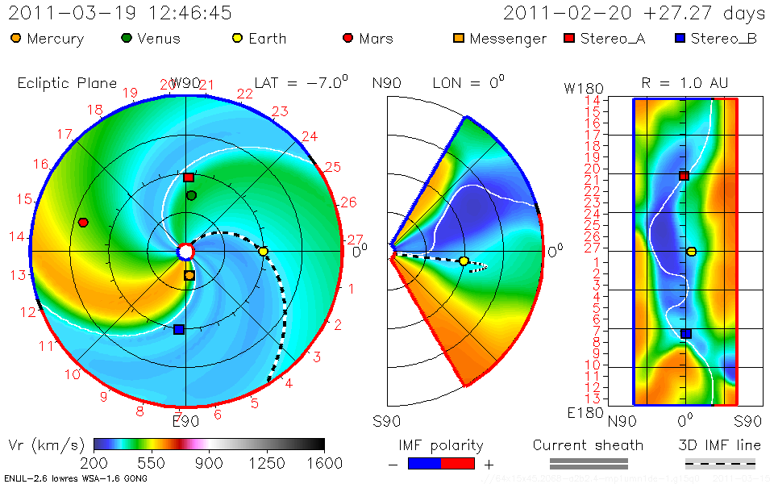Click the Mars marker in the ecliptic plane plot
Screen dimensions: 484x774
(x=83, y=222)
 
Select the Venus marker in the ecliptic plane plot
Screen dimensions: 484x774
(x=191, y=195)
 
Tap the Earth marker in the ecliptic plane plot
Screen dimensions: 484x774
(x=263, y=251)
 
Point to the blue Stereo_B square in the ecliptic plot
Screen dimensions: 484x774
(x=179, y=329)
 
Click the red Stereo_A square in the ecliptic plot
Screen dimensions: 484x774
(x=189, y=177)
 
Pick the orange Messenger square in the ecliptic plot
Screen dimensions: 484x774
(x=189, y=275)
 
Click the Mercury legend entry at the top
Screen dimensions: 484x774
(x=48, y=39)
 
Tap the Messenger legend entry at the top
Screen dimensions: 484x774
(x=499, y=39)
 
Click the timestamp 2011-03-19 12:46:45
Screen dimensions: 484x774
(x=120, y=13)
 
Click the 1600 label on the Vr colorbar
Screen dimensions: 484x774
(x=324, y=463)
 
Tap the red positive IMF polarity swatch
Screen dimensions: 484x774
(x=457, y=463)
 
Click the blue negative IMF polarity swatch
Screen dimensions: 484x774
(x=425, y=463)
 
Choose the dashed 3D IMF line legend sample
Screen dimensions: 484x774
(x=720, y=463)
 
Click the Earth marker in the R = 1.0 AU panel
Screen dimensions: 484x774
(x=691, y=252)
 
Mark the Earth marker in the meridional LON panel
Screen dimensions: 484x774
(x=464, y=261)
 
